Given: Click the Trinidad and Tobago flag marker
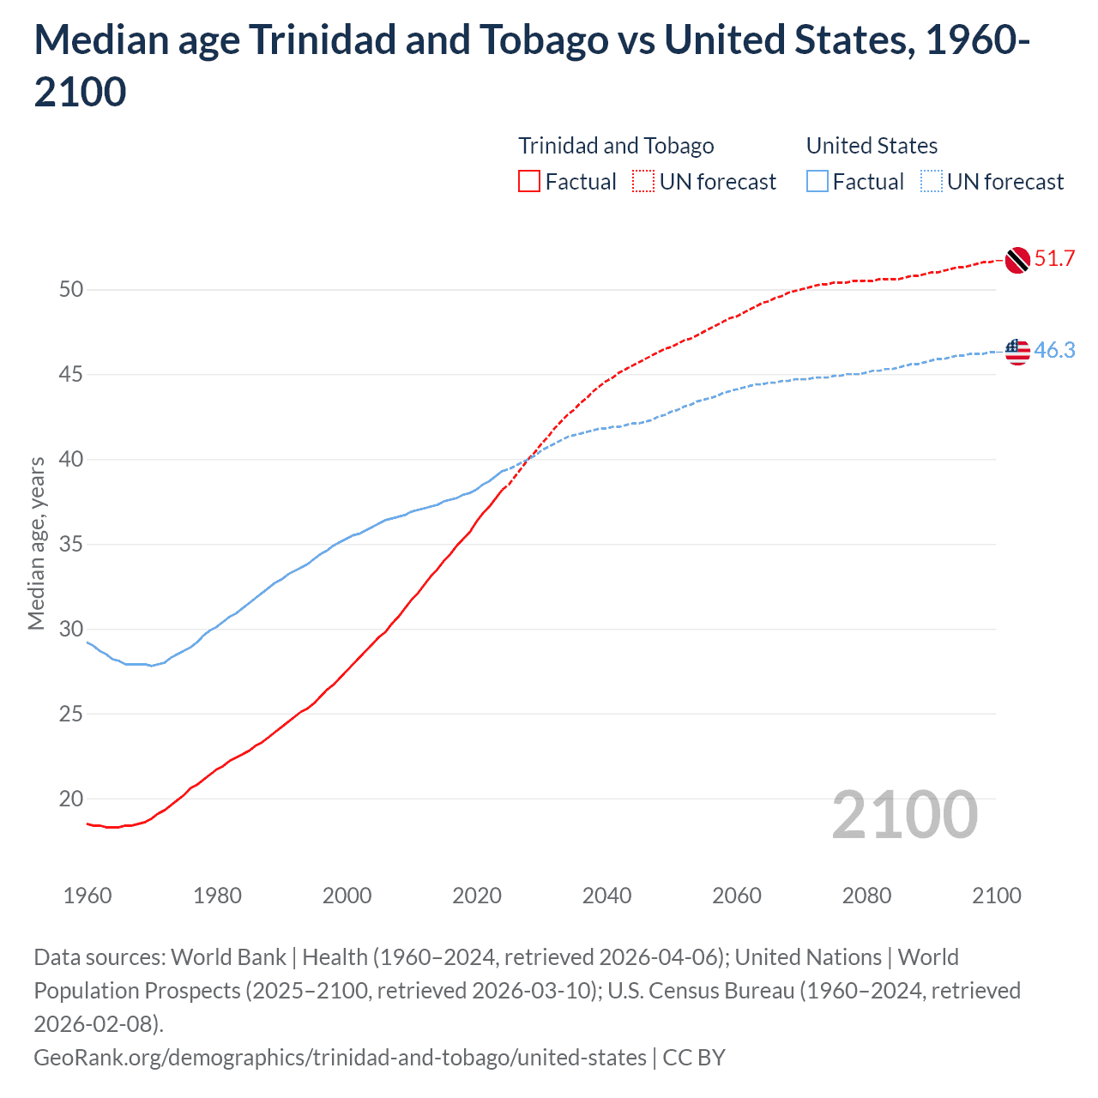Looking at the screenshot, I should pyautogui.click(x=1017, y=260).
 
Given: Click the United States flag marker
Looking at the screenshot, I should pyautogui.click(x=1017, y=351).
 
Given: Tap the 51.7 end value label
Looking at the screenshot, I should pyautogui.click(x=1054, y=259).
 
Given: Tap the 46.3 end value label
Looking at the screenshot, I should pyautogui.click(x=1054, y=350).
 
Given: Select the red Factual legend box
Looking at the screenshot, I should pyautogui.click(x=529, y=182).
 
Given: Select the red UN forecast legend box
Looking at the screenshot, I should pyautogui.click(x=643, y=182).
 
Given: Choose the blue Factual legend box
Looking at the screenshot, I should pyautogui.click(x=817, y=182).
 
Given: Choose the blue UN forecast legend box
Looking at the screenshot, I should pyautogui.click(x=931, y=182).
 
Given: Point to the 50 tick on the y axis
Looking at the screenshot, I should pyautogui.click(x=71, y=290).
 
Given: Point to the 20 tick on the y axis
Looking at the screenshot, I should pyautogui.click(x=71, y=799).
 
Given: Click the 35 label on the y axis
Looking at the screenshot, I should pyautogui.click(x=71, y=545).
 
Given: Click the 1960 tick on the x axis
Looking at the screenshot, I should pyautogui.click(x=87, y=896).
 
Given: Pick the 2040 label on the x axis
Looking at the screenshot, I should pyautogui.click(x=606, y=896).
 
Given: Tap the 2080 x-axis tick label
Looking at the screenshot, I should pyautogui.click(x=866, y=896).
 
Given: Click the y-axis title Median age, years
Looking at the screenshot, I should pyautogui.click(x=37, y=544).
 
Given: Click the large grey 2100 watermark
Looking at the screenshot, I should pyautogui.click(x=904, y=815).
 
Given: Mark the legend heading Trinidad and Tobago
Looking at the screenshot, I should pyautogui.click(x=616, y=146).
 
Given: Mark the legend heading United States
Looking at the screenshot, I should pyautogui.click(x=872, y=146).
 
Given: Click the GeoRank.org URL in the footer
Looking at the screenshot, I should pyautogui.click(x=340, y=1058).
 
